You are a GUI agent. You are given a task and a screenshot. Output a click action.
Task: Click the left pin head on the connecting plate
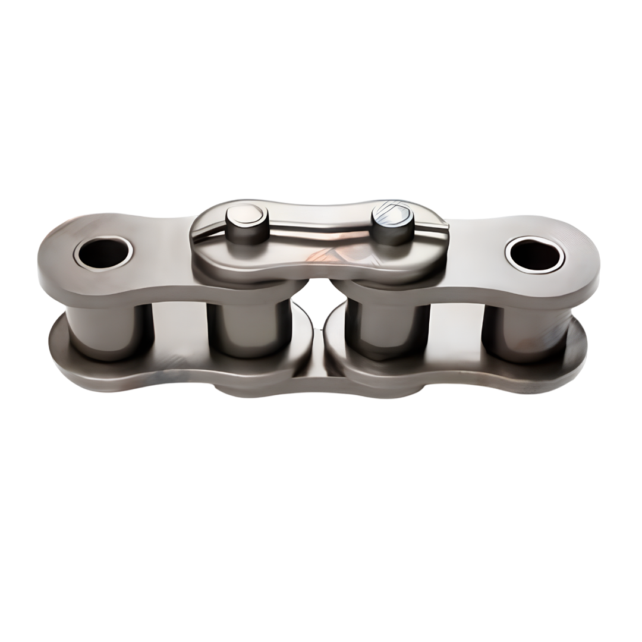coord(247,213)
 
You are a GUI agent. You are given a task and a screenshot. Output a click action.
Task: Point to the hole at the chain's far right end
coord(535,254)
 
